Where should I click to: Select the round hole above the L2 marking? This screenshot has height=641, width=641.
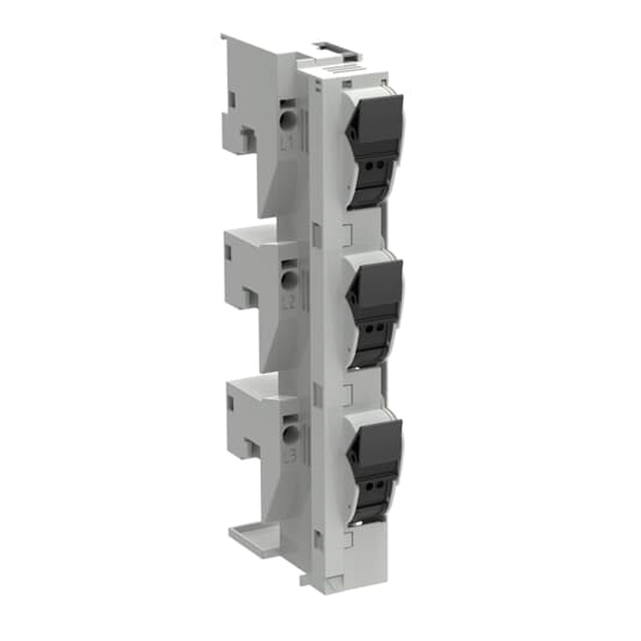(290, 278)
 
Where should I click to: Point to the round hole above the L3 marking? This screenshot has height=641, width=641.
(292, 434)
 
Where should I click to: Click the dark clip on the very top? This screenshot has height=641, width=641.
(333, 46)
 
